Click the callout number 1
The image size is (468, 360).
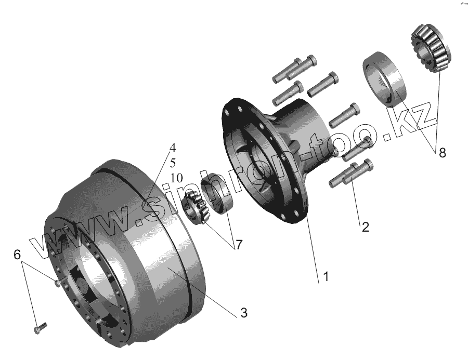pos(326,276)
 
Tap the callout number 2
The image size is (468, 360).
pos(366,227)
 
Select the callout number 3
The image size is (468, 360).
pos(244,313)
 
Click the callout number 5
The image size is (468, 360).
pos(173,163)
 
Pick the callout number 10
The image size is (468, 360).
pos(176,178)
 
